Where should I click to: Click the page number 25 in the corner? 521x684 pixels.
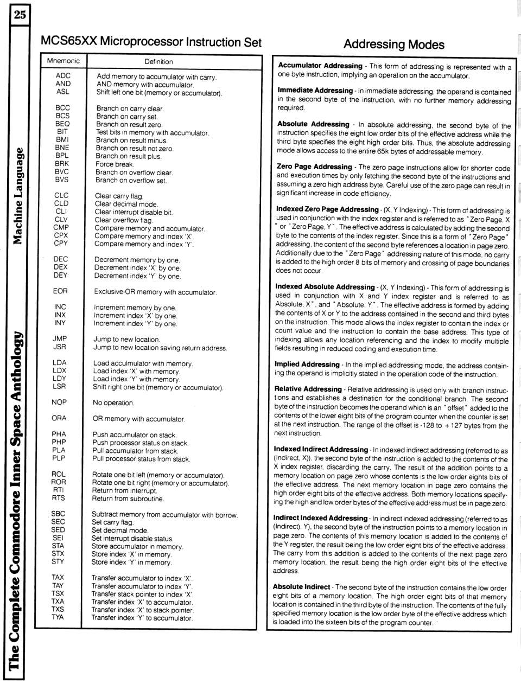[20, 15]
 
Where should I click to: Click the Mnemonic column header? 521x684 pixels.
[63, 61]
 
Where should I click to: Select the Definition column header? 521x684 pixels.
[158, 62]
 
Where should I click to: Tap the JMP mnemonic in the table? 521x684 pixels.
[60, 339]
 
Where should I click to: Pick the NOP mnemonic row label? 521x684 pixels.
[59, 402]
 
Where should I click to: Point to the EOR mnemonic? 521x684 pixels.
[60, 291]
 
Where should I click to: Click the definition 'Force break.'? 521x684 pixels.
[115, 164]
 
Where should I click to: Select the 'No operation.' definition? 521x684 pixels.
[113, 403]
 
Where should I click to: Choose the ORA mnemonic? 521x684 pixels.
[59, 418]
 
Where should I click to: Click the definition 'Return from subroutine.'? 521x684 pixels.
[128, 499]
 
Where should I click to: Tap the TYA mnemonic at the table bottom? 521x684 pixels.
[58, 617]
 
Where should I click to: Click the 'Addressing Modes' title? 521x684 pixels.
[394, 44]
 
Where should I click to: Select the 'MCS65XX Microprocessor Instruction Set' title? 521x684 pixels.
[151, 42]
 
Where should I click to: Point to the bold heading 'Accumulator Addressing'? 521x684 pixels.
[320, 66]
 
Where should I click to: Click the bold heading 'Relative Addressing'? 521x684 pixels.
[308, 389]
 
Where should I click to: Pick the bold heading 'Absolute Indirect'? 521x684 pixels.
[301, 587]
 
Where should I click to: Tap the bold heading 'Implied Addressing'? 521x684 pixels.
[307, 365]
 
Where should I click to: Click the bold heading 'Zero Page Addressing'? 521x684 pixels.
[314, 167]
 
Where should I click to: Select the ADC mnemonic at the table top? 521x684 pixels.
[63, 76]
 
